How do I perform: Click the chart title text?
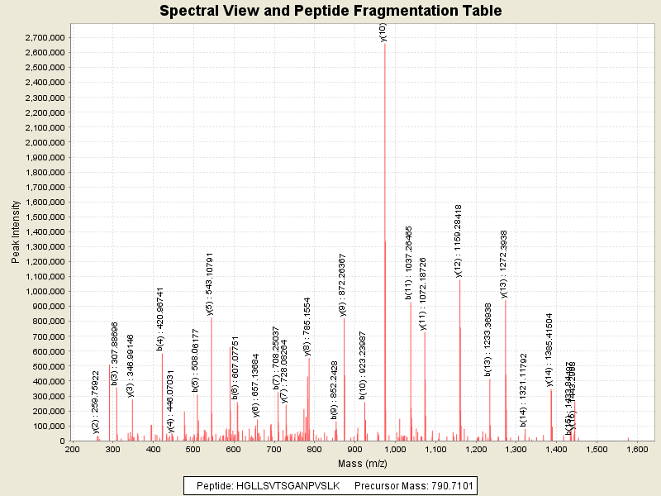point(330,11)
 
